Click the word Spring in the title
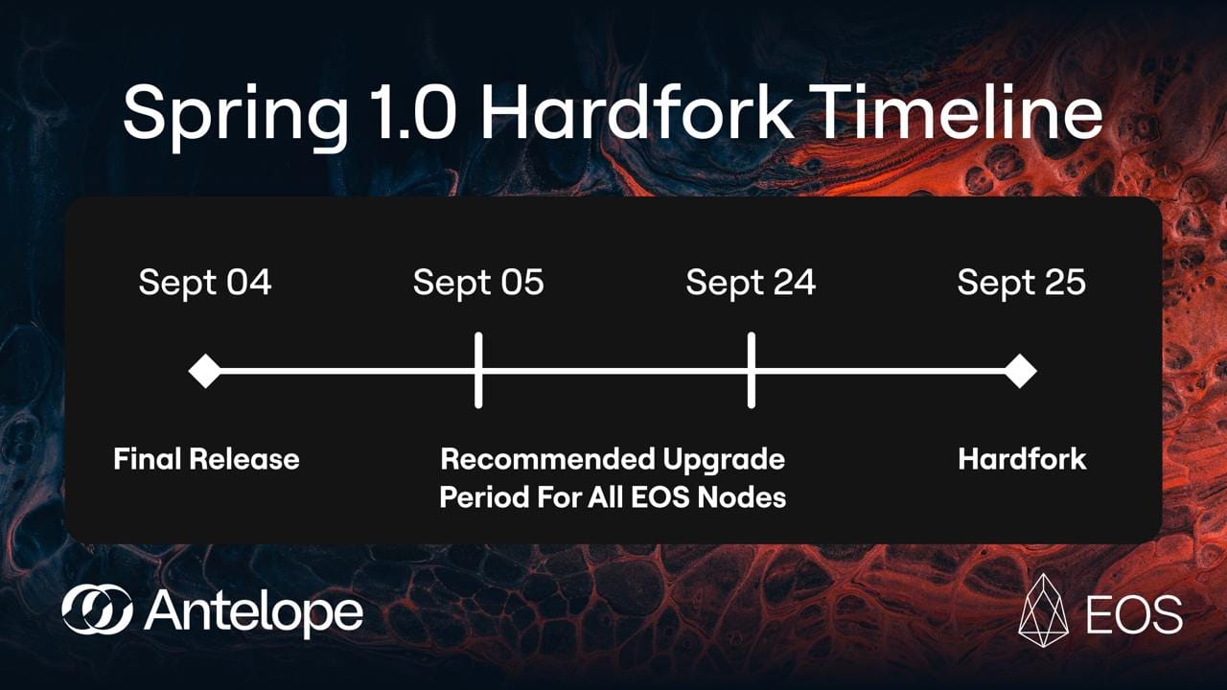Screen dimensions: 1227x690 pyautogui.click(x=237, y=115)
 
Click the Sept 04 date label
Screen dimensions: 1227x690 pyautogui.click(x=205, y=283)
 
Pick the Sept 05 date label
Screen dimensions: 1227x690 pyautogui.click(x=478, y=283)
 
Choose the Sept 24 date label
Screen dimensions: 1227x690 pyautogui.click(x=751, y=283)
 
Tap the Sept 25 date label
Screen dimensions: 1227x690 pyautogui.click(x=1021, y=283)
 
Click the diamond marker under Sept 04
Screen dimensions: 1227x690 pyautogui.click(x=205, y=371)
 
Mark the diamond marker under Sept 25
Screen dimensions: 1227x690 pyautogui.click(x=1020, y=371)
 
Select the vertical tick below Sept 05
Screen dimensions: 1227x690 pyautogui.click(x=478, y=370)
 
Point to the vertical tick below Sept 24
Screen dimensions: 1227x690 pyautogui.click(x=751, y=370)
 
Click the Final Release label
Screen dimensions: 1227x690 pyautogui.click(x=206, y=459)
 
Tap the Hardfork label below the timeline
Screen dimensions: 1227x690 pyautogui.click(x=1022, y=459)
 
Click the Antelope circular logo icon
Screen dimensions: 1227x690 pyautogui.click(x=97, y=609)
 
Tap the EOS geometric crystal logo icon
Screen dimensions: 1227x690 pyautogui.click(x=1043, y=610)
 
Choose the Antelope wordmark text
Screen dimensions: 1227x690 pyautogui.click(x=254, y=611)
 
